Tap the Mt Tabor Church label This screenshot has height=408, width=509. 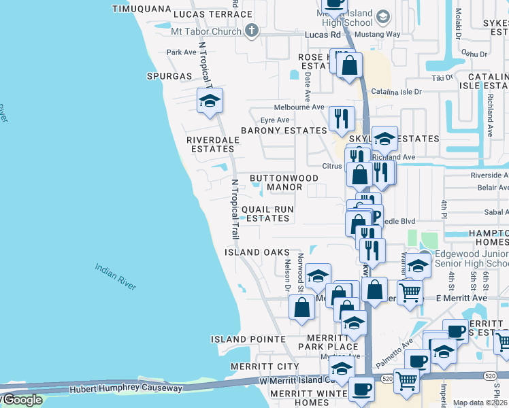click(x=207, y=31)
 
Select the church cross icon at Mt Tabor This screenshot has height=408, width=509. click(x=252, y=31)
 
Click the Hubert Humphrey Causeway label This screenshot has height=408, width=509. click(x=127, y=388)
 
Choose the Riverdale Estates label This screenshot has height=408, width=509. click(x=211, y=144)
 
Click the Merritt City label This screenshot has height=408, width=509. click(x=255, y=367)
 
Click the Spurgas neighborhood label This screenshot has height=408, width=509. click(x=169, y=76)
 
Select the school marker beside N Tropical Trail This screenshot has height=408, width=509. click(x=210, y=101)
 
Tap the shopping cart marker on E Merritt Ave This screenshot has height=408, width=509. click(x=410, y=292)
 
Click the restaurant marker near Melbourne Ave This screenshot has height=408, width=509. click(x=342, y=118)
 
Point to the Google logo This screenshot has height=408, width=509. click(x=22, y=400)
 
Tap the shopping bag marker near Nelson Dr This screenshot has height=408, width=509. click(x=301, y=307)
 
